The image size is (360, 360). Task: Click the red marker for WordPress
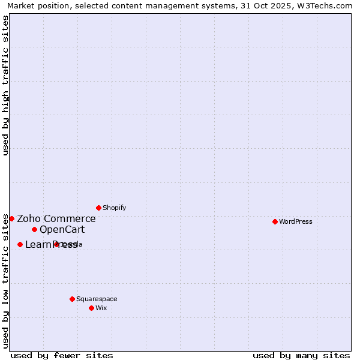[275, 221]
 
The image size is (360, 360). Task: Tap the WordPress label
[296, 221]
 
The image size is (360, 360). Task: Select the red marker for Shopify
[98, 208]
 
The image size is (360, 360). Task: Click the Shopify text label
[114, 208]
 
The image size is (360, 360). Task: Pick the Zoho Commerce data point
[11, 218]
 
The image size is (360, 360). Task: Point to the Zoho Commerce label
[56, 219]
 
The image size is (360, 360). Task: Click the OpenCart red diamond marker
[34, 229]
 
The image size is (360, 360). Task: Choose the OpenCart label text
[62, 230]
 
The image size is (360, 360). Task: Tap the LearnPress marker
[20, 244]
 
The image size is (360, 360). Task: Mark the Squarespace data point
[72, 299]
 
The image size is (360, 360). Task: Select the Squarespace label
[97, 299]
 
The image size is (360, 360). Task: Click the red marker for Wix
[91, 308]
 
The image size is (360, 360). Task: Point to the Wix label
[101, 308]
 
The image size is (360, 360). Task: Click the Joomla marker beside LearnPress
[56, 244]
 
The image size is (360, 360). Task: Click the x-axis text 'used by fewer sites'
[62, 355]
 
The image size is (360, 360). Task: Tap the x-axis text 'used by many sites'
[301, 355]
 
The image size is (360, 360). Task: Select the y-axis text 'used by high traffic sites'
[5, 86]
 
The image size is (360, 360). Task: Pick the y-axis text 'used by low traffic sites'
[5, 280]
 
